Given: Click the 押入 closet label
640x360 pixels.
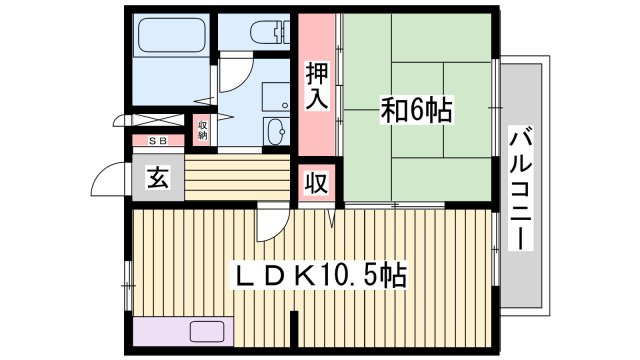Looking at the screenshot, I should pyautogui.click(x=317, y=86).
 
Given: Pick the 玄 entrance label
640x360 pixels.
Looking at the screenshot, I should pyautogui.click(x=157, y=180).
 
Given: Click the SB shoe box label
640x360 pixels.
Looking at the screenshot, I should pyautogui.click(x=158, y=141).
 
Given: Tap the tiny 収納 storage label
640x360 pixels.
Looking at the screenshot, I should pyautogui.click(x=202, y=129).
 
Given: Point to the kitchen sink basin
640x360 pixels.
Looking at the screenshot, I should pyautogui.click(x=207, y=333).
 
